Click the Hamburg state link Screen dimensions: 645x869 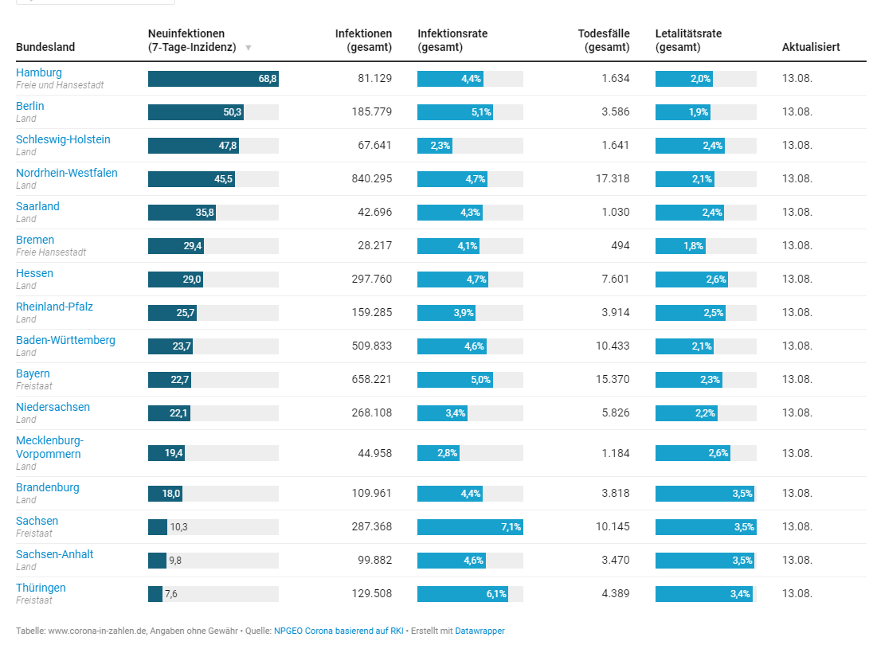[x=38, y=72]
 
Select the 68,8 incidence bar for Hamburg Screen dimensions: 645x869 [x=213, y=79]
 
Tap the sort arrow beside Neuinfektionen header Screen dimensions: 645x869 [x=249, y=48]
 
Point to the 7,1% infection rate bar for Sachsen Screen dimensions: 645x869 [x=470, y=526]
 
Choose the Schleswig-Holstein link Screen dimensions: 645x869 [x=63, y=139]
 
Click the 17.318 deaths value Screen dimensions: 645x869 [x=613, y=179]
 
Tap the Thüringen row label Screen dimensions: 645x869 [x=41, y=588]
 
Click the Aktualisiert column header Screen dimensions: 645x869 [x=811, y=47]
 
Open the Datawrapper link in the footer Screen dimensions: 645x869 [x=480, y=631]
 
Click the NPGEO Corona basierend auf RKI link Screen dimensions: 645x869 [x=338, y=631]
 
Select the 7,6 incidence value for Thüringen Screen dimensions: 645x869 [x=171, y=594]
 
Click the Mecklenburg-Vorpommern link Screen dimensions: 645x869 [x=49, y=447]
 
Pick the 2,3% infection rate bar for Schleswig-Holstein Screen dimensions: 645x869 [x=434, y=146]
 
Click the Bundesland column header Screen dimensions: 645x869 [x=45, y=47]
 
